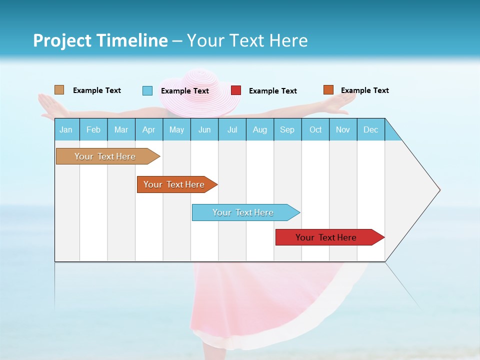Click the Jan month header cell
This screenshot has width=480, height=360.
click(66, 129)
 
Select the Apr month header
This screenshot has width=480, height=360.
click(149, 129)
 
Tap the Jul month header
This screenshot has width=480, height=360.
click(232, 129)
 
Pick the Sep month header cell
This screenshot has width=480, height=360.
click(287, 129)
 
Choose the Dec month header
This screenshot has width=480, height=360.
click(370, 129)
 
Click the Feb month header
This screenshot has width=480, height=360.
click(93, 129)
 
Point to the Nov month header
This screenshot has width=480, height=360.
click(343, 129)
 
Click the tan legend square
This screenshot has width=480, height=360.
click(59, 90)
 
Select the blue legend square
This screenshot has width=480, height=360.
click(147, 90)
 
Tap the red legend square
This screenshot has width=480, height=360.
click(236, 90)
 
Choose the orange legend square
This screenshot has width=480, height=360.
click(328, 90)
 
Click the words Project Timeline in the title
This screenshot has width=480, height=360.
click(100, 40)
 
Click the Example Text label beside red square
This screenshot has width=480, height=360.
click(272, 91)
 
